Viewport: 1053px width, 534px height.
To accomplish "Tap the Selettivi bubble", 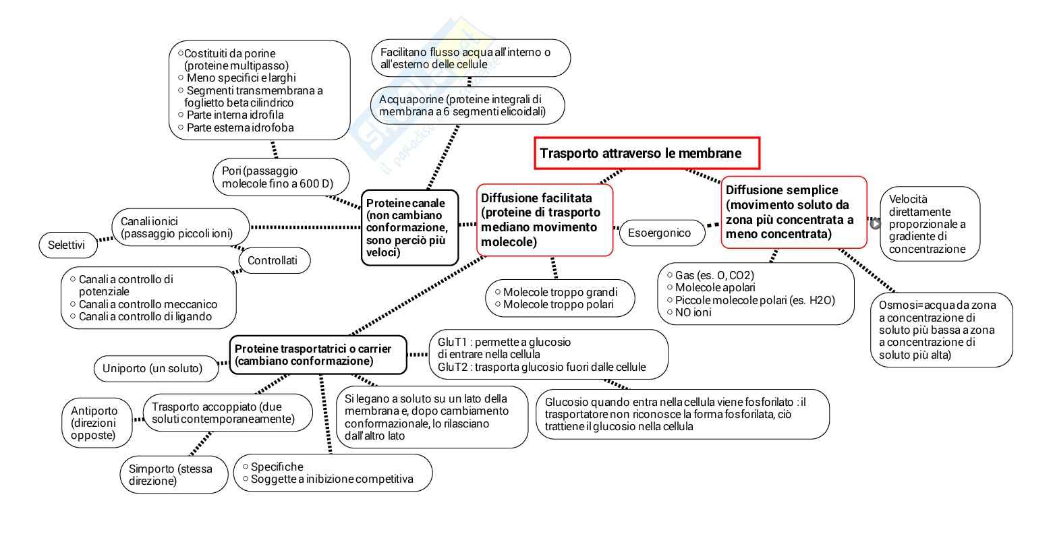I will [67, 245].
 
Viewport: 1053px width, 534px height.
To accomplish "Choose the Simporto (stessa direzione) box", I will [175, 475].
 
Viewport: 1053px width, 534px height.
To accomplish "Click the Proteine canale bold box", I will [410, 227].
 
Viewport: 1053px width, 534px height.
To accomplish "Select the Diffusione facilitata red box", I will [545, 220].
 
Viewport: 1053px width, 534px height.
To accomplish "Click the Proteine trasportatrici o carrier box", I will [318, 355].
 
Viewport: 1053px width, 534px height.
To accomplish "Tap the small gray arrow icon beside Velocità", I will [876, 224].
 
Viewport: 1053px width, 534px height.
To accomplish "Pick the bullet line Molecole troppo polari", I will [559, 305].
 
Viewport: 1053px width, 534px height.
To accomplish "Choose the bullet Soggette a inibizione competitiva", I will [331, 479].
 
